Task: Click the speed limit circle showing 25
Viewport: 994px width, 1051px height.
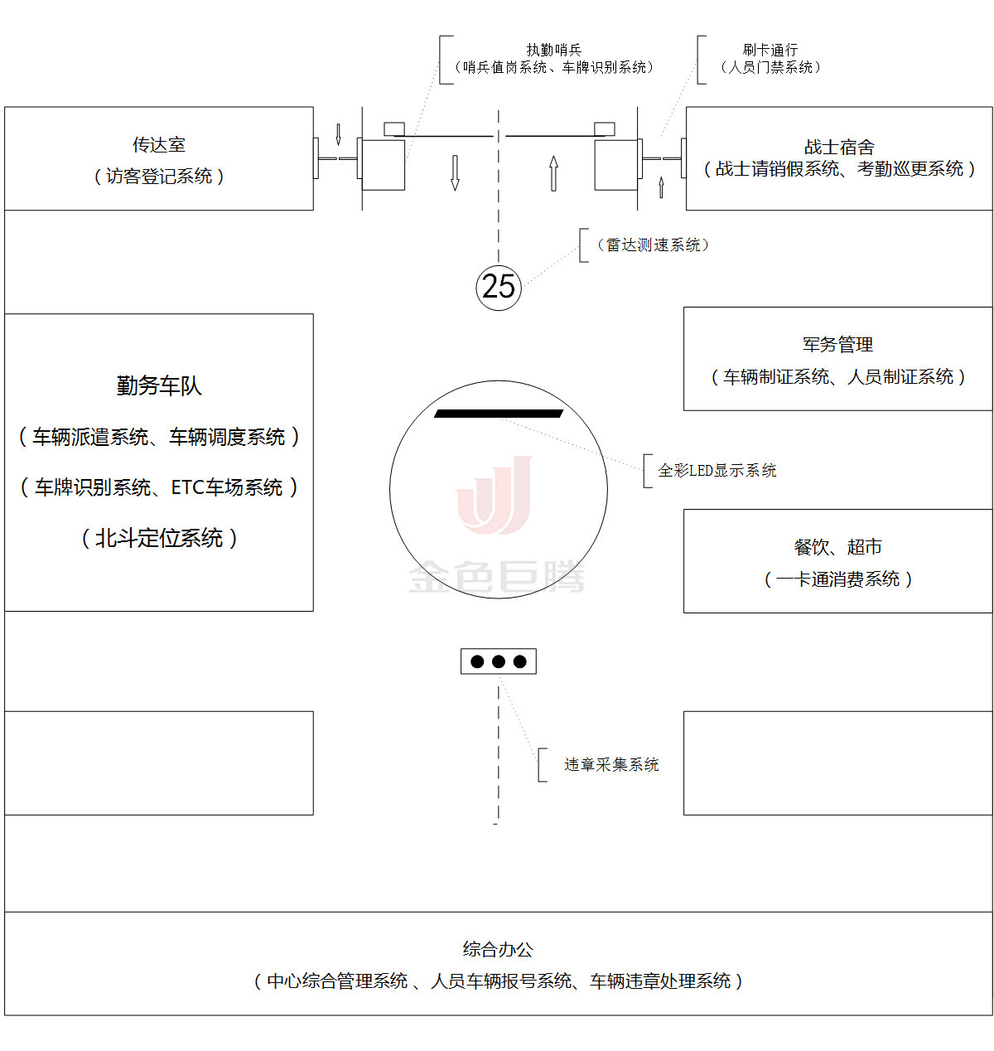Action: [x=499, y=287]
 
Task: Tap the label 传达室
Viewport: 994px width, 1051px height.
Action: [x=159, y=145]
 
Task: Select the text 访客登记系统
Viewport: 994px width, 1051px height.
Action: [x=159, y=177]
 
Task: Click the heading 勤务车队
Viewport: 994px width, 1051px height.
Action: [x=159, y=386]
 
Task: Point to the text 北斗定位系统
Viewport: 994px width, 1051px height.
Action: [x=159, y=539]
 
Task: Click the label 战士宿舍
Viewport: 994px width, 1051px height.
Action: [x=839, y=148]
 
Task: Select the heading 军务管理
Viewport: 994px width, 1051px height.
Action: [x=837, y=345]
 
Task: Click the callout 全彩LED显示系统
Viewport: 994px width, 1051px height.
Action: [x=717, y=471]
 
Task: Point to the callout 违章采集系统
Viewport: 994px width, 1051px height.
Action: [x=611, y=765]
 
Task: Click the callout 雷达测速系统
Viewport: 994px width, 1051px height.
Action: [x=653, y=245]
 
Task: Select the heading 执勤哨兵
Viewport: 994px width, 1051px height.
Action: [x=554, y=51]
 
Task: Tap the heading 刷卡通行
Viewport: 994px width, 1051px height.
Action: [x=770, y=51]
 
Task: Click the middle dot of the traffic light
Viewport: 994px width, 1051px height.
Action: [x=499, y=661]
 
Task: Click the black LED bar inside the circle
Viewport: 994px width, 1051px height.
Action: [x=499, y=414]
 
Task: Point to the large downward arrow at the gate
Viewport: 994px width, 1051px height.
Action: [x=455, y=172]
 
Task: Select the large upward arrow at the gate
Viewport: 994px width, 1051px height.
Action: [x=553, y=173]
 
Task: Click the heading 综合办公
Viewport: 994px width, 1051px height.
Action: [x=498, y=950]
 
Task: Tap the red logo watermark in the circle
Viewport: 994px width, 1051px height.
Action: [x=495, y=495]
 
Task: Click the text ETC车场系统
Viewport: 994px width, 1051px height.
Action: [x=227, y=488]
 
